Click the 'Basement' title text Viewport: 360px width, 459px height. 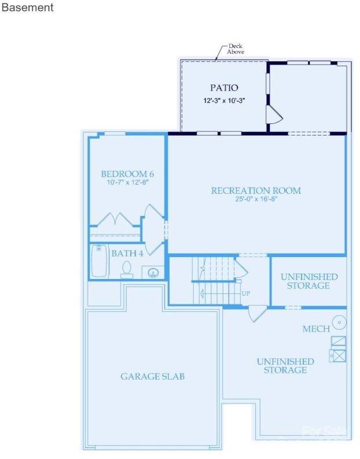pos(28,8)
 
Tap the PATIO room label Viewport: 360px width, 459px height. pos(224,88)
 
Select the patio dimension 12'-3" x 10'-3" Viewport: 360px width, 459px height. pos(224,100)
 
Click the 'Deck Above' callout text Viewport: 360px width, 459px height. pos(236,49)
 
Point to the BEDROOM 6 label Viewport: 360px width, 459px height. pos(127,174)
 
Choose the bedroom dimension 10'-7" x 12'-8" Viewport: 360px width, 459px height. pos(127,182)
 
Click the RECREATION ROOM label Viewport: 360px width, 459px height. pos(256,190)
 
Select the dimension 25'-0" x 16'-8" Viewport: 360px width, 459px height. pos(256,199)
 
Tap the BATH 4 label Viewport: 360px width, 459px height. pos(127,253)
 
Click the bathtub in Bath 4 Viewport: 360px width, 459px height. pos(99,261)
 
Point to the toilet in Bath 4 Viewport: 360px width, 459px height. pos(127,269)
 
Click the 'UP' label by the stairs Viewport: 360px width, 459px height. pos(245,293)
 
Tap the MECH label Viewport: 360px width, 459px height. pos(316,329)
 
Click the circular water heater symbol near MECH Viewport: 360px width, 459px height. pos(339,322)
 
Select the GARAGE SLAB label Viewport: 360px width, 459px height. pos(152,376)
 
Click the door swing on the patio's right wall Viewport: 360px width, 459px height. pos(273,116)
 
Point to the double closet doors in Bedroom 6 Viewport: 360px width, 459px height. pos(116,220)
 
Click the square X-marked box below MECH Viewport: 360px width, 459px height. pos(339,355)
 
